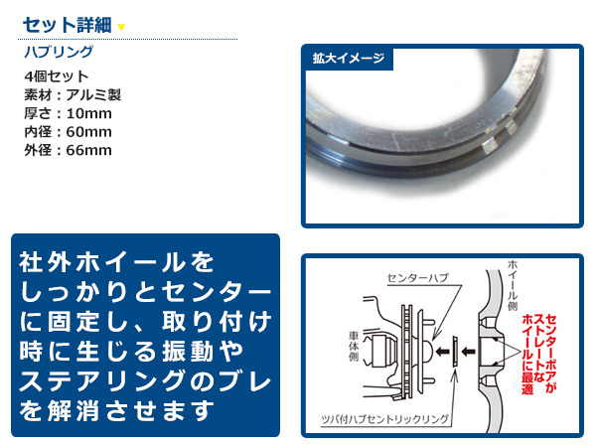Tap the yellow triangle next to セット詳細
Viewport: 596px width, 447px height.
(121, 26)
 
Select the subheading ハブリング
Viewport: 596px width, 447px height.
(58, 52)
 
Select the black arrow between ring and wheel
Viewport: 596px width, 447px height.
(469, 351)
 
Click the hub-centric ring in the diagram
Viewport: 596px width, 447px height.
(455, 351)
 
